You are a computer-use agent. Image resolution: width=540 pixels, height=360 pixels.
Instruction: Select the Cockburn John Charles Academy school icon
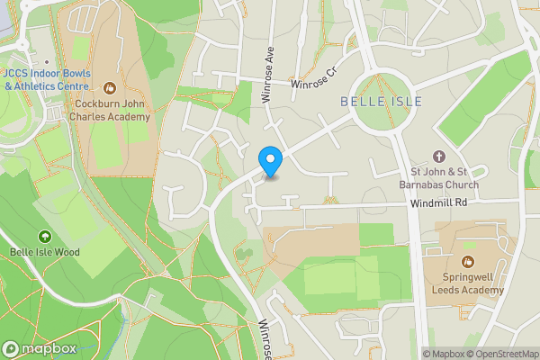pyautogui.click(x=110, y=87)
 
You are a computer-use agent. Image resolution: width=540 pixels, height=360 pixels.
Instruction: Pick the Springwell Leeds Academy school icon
pyautogui.click(x=470, y=247)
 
